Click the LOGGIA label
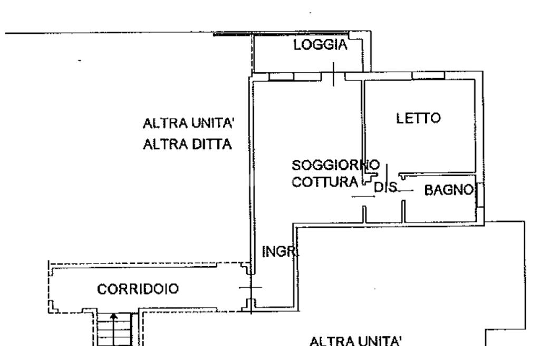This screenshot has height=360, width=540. coord(321,45)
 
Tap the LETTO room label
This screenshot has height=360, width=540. coord(418,118)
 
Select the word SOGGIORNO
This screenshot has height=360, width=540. coord(335,164)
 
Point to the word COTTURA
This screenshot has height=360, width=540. coord(325,183)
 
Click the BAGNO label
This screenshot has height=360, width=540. coord(448,190)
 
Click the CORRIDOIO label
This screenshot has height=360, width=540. coord(138,289)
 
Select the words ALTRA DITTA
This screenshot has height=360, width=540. coord(188,144)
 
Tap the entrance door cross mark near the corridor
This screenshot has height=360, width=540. coord(250,288)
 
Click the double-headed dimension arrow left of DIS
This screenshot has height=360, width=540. coord(363,197)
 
